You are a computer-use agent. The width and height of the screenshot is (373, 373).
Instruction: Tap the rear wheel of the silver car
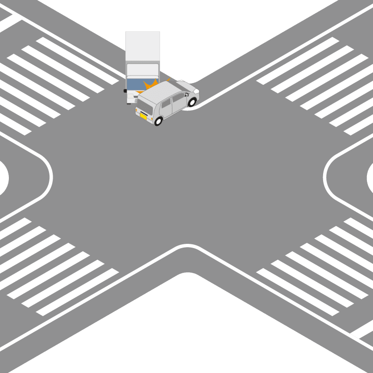click(159, 121)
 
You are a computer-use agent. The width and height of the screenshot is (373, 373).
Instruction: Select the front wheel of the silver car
click(192, 102)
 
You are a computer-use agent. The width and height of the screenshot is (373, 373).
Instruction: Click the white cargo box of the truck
click(143, 49)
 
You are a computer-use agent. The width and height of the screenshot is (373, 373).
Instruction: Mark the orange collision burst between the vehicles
click(150, 86)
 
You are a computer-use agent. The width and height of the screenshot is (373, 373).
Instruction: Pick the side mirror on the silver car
click(186, 95)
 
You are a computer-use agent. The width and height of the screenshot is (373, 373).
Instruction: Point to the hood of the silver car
click(186, 87)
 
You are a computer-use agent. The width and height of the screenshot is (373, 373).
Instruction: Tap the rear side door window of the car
click(166, 103)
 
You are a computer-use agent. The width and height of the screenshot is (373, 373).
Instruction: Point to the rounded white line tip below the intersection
click(186, 245)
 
